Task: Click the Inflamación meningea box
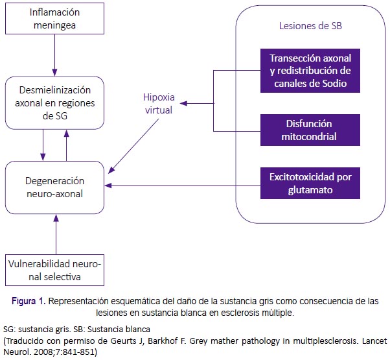[54, 18]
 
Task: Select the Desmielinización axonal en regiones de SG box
[54, 103]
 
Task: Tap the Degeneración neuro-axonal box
[54, 187]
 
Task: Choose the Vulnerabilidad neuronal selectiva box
[54, 270]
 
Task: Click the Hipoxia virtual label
[159, 103]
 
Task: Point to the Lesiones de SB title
[310, 26]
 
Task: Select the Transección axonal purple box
[310, 71]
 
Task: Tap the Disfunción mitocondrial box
[310, 130]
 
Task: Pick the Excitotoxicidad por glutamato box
[310, 183]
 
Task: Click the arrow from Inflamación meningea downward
[54, 55]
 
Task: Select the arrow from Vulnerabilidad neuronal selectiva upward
[56, 234]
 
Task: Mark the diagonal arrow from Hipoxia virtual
[133, 146]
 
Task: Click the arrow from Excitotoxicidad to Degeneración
[183, 186]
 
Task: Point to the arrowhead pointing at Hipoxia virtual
[183, 103]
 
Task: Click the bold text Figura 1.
[29, 301]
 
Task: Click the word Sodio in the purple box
[334, 84]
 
